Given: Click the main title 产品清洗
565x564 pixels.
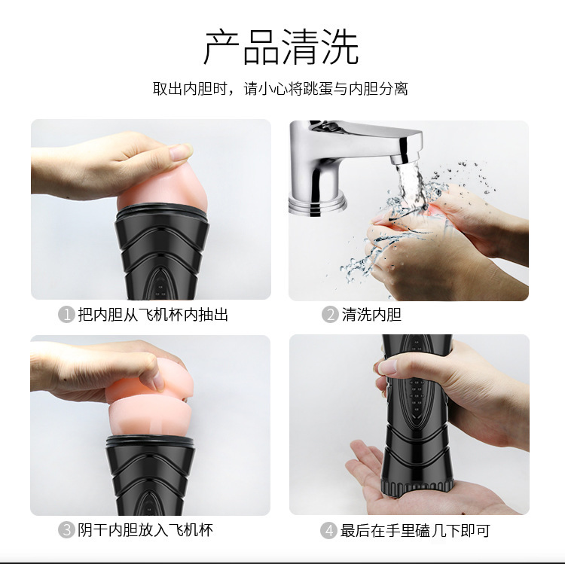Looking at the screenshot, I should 281,47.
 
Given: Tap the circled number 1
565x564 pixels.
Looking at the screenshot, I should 66,315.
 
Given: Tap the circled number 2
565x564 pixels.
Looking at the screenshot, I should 329,315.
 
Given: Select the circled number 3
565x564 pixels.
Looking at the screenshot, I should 66,530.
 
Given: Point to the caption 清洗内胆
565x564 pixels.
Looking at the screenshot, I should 371,315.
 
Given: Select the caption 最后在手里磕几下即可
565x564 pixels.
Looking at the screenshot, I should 415,530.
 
